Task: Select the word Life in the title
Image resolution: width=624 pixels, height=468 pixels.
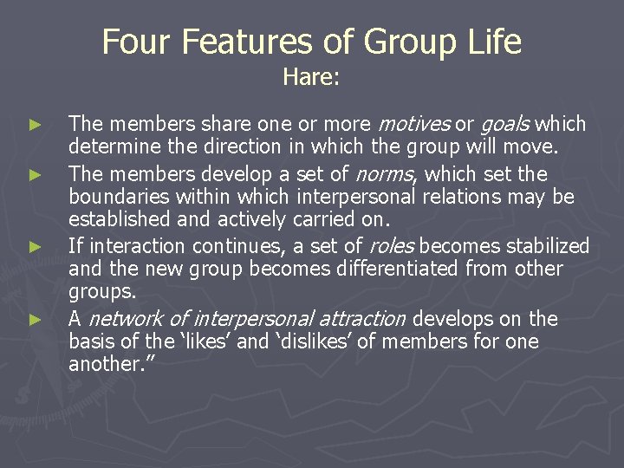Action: [x=490, y=42]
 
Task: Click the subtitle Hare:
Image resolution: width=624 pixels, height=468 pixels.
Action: [x=311, y=78]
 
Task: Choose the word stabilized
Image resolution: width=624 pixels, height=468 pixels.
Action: [x=547, y=246]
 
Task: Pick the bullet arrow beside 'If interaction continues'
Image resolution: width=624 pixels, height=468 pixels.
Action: [x=36, y=247]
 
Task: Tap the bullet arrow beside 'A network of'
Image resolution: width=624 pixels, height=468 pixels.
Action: [x=36, y=320]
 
